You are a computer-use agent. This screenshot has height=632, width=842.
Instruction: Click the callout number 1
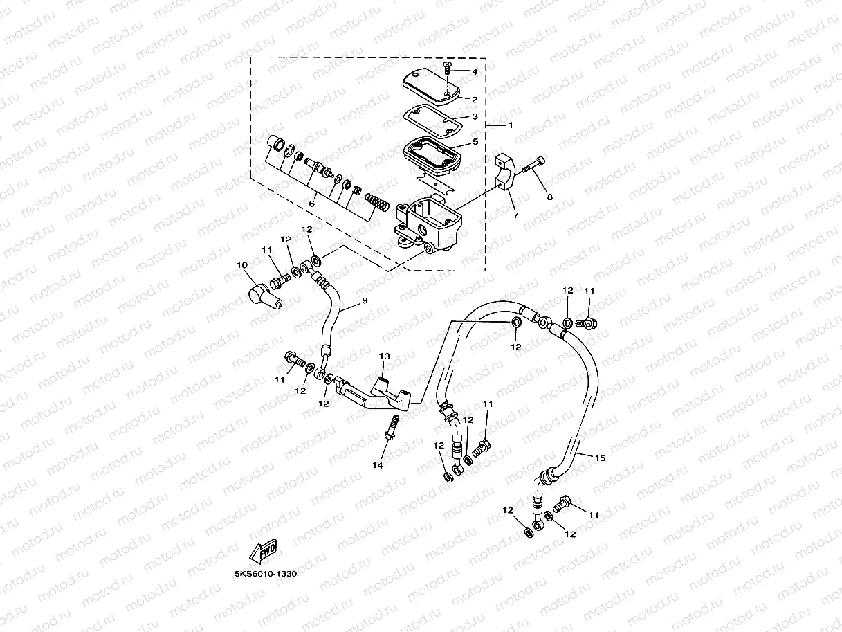pos(511,125)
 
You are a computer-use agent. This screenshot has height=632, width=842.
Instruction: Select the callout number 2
pos(475,100)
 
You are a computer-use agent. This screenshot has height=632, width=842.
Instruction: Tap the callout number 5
pos(475,142)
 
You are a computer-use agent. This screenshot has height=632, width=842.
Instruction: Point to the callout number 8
pos(550,197)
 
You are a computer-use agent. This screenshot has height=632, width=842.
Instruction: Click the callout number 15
pos(600,458)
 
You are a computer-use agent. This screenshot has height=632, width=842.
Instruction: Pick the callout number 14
pos(378,466)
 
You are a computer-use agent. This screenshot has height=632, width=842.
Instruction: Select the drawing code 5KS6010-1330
pos(266,574)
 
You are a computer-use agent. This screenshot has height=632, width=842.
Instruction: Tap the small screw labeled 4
pos(447,69)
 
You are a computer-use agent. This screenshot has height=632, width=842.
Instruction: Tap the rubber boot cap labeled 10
pos(263,295)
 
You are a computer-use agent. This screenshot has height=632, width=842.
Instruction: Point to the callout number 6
pos(312,204)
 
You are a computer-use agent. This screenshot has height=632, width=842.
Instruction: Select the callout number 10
pos(241,265)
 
